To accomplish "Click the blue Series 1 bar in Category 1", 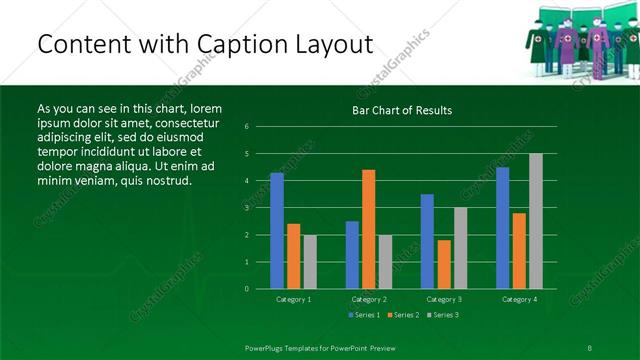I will [276, 231].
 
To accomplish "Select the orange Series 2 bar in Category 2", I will [369, 229].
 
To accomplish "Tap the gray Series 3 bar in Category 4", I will [536, 221].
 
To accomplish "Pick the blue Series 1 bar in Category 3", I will [427, 241].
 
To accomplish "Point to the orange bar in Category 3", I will [444, 264].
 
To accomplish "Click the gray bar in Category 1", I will [310, 262].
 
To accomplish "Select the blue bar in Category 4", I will [502, 228].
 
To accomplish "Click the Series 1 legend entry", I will [362, 315].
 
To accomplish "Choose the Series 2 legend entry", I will [402, 315].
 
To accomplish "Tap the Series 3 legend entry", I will [443, 315].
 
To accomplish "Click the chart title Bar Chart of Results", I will [402, 110].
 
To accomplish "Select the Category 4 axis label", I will [518, 299].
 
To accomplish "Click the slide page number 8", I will [591, 347].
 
